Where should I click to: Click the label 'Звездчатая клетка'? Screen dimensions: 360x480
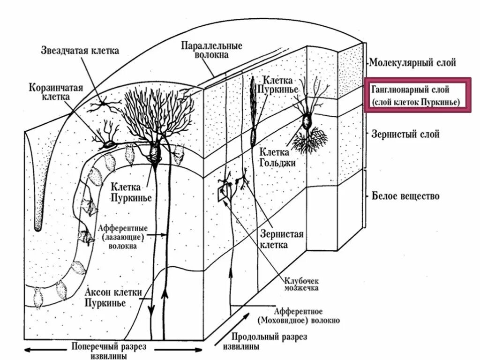[x=80, y=50]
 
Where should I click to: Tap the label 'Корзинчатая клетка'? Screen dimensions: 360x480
[x=50, y=92]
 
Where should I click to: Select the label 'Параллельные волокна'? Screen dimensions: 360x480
[x=211, y=50]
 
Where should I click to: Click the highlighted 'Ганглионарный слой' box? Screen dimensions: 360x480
[x=418, y=96]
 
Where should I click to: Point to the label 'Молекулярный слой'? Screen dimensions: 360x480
[x=412, y=62]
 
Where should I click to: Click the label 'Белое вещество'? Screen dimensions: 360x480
[x=406, y=195]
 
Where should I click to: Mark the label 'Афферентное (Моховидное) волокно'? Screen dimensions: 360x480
[x=298, y=316]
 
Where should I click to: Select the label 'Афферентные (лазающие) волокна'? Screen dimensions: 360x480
[x=123, y=236]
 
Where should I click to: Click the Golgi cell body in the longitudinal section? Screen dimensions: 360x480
[x=307, y=122]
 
